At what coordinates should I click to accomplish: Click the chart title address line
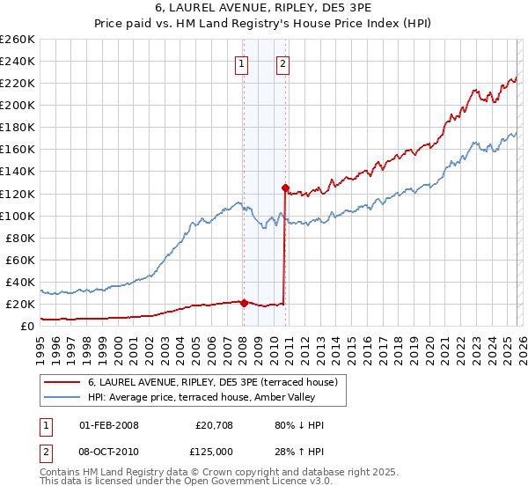[263, 9]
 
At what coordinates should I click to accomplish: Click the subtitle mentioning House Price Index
[263, 24]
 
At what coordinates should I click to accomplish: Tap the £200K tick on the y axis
[18, 105]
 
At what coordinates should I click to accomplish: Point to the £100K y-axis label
[18, 216]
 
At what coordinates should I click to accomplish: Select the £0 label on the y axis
[28, 326]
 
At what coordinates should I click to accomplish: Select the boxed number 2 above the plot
[283, 63]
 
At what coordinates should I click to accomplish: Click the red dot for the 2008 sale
[244, 303]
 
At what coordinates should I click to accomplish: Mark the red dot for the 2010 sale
[285, 188]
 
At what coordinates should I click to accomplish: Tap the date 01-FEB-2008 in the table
[109, 425]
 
